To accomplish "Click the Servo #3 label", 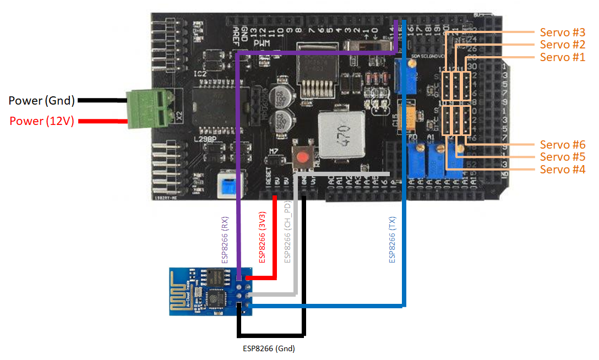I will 562,32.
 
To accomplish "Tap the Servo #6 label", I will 562,145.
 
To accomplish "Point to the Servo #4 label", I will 562,170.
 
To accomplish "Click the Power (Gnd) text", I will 41,101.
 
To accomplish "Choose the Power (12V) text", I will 41,121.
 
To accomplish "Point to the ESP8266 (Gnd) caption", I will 269,348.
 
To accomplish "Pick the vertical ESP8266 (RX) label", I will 225,241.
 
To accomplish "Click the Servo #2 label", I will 562,45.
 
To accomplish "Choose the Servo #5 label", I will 562,157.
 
